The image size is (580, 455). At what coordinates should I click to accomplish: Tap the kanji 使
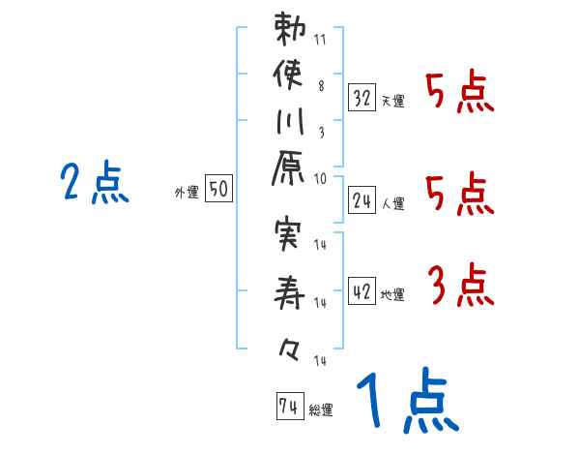[x=291, y=77]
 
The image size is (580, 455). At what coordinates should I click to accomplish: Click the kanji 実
[x=291, y=236]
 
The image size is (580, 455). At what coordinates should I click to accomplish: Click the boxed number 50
[x=218, y=191]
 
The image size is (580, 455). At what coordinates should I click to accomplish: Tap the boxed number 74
[x=288, y=408]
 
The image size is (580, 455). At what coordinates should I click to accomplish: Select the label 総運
[x=321, y=410]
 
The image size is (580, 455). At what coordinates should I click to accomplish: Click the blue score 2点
[x=94, y=183]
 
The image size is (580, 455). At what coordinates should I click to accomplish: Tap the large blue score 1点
[x=406, y=402]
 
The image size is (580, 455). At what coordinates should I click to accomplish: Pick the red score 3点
[x=460, y=287]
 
